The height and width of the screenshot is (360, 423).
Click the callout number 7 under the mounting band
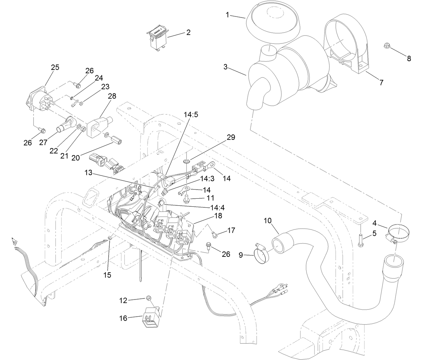tap(381, 82)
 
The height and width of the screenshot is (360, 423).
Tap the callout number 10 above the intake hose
tap(267, 221)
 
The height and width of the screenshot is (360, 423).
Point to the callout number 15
tap(107, 275)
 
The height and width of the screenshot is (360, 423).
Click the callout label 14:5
tap(191, 114)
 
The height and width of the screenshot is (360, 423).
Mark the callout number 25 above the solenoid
tap(55, 67)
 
